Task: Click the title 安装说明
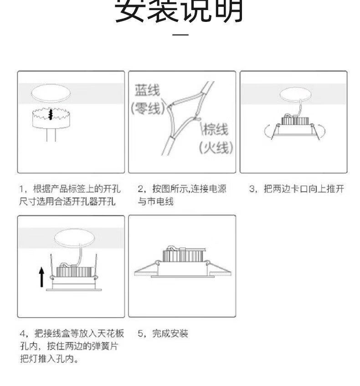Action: click(x=179, y=11)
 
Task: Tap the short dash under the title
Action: click(x=180, y=35)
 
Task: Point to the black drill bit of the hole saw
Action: click(x=51, y=115)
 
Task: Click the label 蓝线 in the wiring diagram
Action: click(x=147, y=90)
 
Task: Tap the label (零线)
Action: click(x=148, y=108)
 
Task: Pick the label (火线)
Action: click(x=216, y=148)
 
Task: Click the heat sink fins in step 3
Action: click(x=295, y=120)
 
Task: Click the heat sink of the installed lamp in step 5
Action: click(x=184, y=255)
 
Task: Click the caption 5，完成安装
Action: click(x=163, y=334)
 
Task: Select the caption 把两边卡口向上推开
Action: click(x=304, y=189)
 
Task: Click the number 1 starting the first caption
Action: click(x=21, y=189)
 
